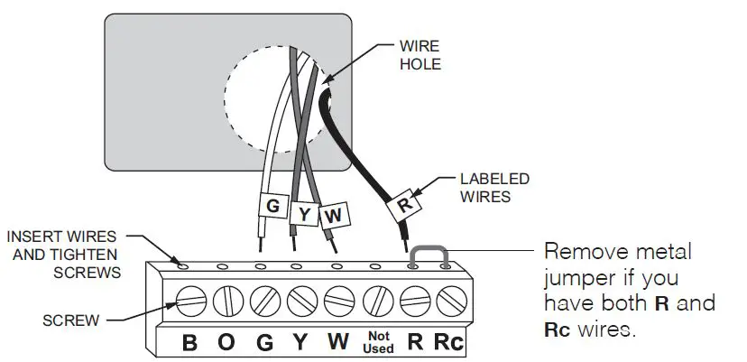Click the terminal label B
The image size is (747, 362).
[190, 342]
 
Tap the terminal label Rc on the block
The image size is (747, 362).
[448, 342]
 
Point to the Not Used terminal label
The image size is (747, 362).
[378, 342]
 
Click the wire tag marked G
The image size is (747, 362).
[271, 206]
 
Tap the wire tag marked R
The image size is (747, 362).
[404, 206]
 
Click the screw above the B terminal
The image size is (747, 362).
[190, 300]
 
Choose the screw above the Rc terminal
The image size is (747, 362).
[448, 300]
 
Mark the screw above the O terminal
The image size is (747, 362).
[228, 300]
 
